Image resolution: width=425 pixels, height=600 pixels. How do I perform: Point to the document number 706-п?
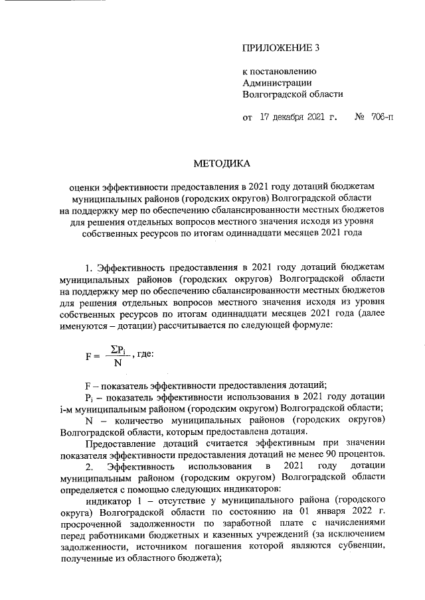tap(378, 119)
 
